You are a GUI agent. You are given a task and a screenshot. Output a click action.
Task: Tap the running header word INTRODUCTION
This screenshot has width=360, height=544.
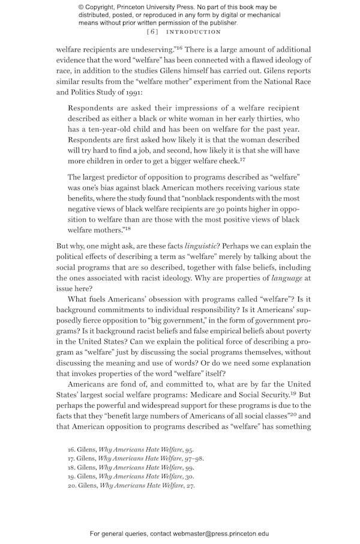(x=193, y=32)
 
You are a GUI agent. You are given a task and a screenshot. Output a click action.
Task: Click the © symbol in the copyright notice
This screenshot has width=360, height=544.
(x=82, y=7)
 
